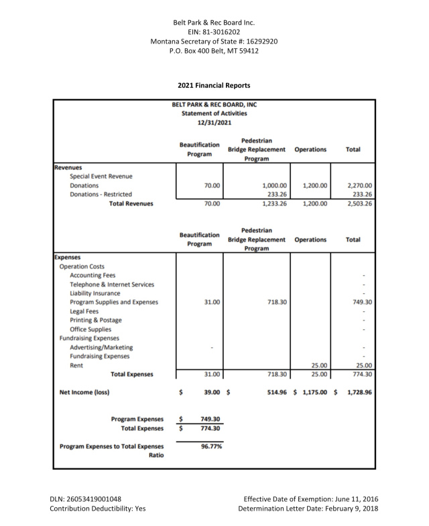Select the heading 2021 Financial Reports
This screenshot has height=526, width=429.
click(x=214, y=86)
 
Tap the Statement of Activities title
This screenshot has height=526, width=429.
click(x=214, y=113)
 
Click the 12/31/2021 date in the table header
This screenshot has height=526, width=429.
click(x=214, y=122)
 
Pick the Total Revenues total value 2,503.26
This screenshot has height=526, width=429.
click(x=359, y=203)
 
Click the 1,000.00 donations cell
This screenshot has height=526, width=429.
click(x=274, y=185)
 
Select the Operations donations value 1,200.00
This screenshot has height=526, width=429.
click(x=313, y=185)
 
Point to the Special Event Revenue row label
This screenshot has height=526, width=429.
click(x=101, y=176)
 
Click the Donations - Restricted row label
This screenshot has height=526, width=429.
click(x=101, y=194)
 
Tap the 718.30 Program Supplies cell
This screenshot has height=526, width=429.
click(x=274, y=302)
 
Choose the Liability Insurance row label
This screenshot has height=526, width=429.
click(x=95, y=293)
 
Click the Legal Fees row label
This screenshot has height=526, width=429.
click(x=84, y=311)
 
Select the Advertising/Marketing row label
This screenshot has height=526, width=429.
click(x=101, y=347)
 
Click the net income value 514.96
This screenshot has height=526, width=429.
click(x=274, y=391)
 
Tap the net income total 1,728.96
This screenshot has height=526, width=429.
click(x=359, y=391)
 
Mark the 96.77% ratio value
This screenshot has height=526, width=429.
click(x=211, y=446)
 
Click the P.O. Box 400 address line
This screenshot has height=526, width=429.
click(x=214, y=50)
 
